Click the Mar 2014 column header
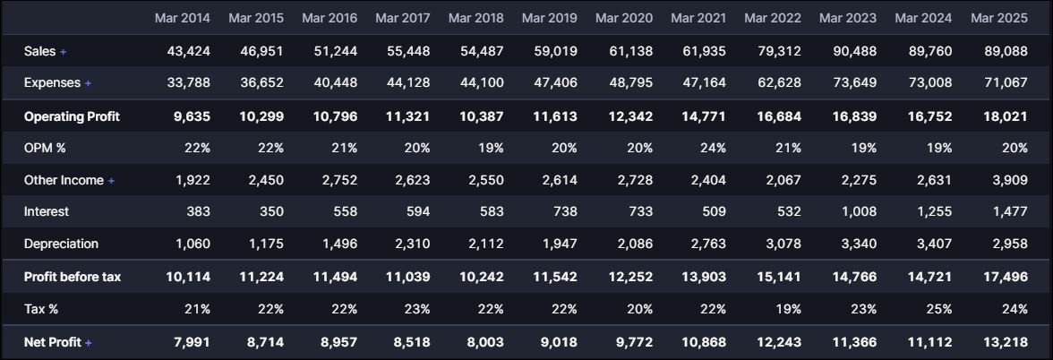(182, 17)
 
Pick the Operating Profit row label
(72, 116)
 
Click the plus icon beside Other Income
(112, 181)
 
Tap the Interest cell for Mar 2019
(550, 212)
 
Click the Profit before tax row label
(73, 278)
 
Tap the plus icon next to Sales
(64, 52)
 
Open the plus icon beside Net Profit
(89, 342)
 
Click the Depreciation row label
(61, 244)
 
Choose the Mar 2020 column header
(622, 17)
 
